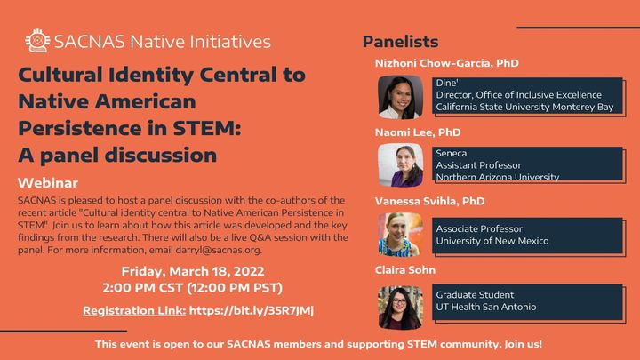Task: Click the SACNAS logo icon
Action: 37,40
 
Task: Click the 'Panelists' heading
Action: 400,42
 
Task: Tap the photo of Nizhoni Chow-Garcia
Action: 400,98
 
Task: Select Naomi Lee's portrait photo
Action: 400,165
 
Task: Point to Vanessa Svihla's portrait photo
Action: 400,234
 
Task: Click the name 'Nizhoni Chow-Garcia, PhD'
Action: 446,64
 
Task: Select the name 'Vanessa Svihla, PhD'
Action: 429,201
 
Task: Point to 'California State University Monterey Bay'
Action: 524,107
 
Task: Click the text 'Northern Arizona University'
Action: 498,177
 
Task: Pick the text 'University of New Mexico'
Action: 492,241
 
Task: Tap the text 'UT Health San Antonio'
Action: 486,307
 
